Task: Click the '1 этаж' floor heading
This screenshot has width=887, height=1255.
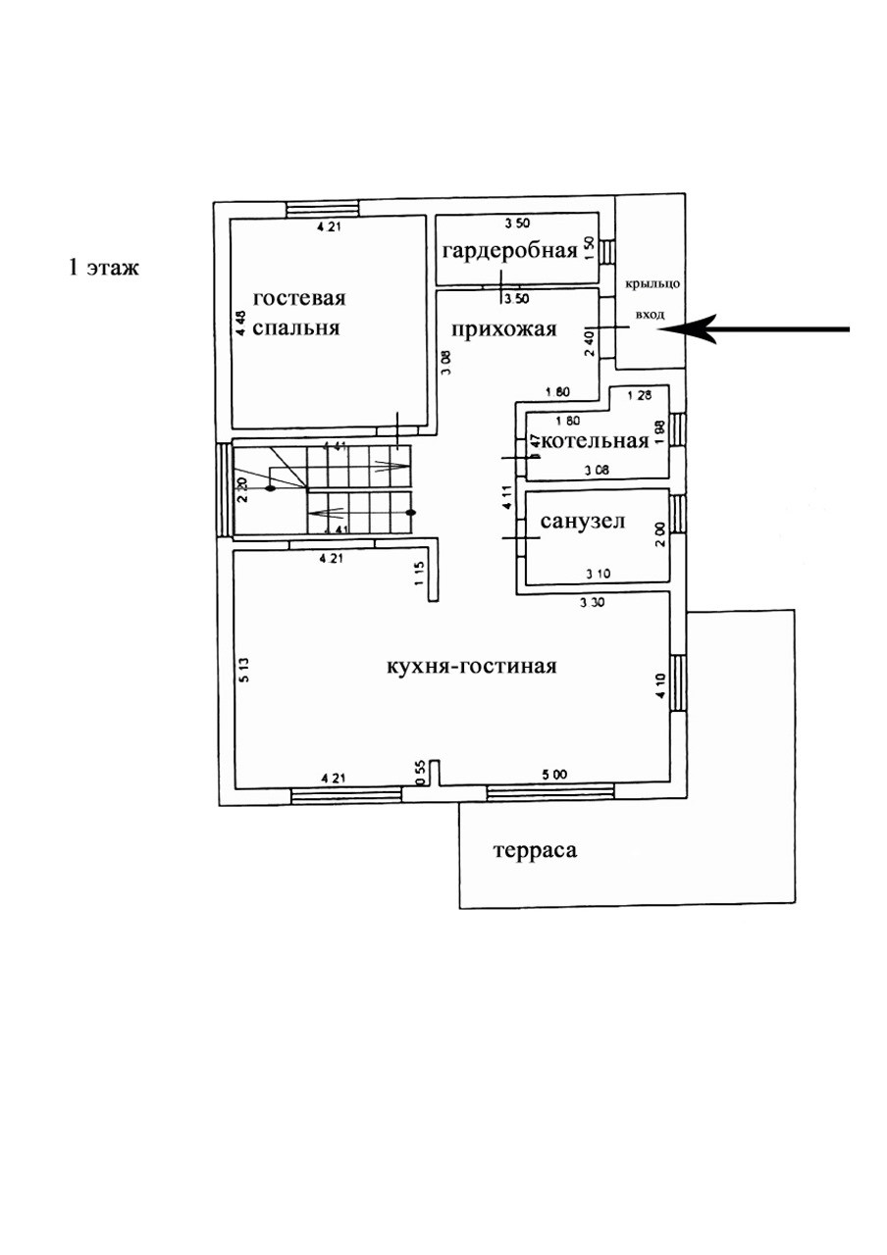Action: pos(103,266)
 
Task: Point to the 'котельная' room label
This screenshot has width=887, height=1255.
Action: pos(595,441)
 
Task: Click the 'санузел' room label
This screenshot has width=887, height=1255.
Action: pos(583,522)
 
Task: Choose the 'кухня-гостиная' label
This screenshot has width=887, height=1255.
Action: pos(472,667)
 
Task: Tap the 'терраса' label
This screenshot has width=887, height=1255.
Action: pos(535,851)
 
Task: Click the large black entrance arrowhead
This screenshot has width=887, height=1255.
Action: pos(687,330)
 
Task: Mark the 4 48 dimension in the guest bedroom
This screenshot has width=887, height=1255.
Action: pos(240,324)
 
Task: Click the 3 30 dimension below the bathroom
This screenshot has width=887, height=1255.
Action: pos(591,604)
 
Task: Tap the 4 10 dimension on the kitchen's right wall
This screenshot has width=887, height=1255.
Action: pos(660,682)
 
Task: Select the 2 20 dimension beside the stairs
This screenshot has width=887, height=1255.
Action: pos(242,487)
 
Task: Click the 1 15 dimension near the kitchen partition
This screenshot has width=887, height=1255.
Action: pos(418,575)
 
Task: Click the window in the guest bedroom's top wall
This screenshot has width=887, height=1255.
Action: pos(322,208)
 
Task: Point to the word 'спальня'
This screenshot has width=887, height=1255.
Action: pos(295,328)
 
